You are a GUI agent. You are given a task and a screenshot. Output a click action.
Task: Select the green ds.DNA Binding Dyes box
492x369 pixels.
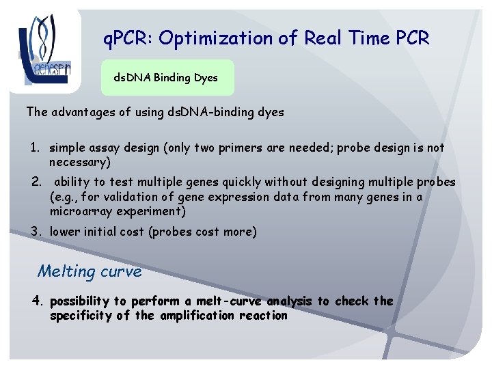point(166,78)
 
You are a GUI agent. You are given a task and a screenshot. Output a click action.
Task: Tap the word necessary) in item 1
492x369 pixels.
point(78,163)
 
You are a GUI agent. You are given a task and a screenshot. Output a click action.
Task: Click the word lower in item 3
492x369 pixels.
point(65,232)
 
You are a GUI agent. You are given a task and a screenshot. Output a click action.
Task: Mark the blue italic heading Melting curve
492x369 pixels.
point(90,271)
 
